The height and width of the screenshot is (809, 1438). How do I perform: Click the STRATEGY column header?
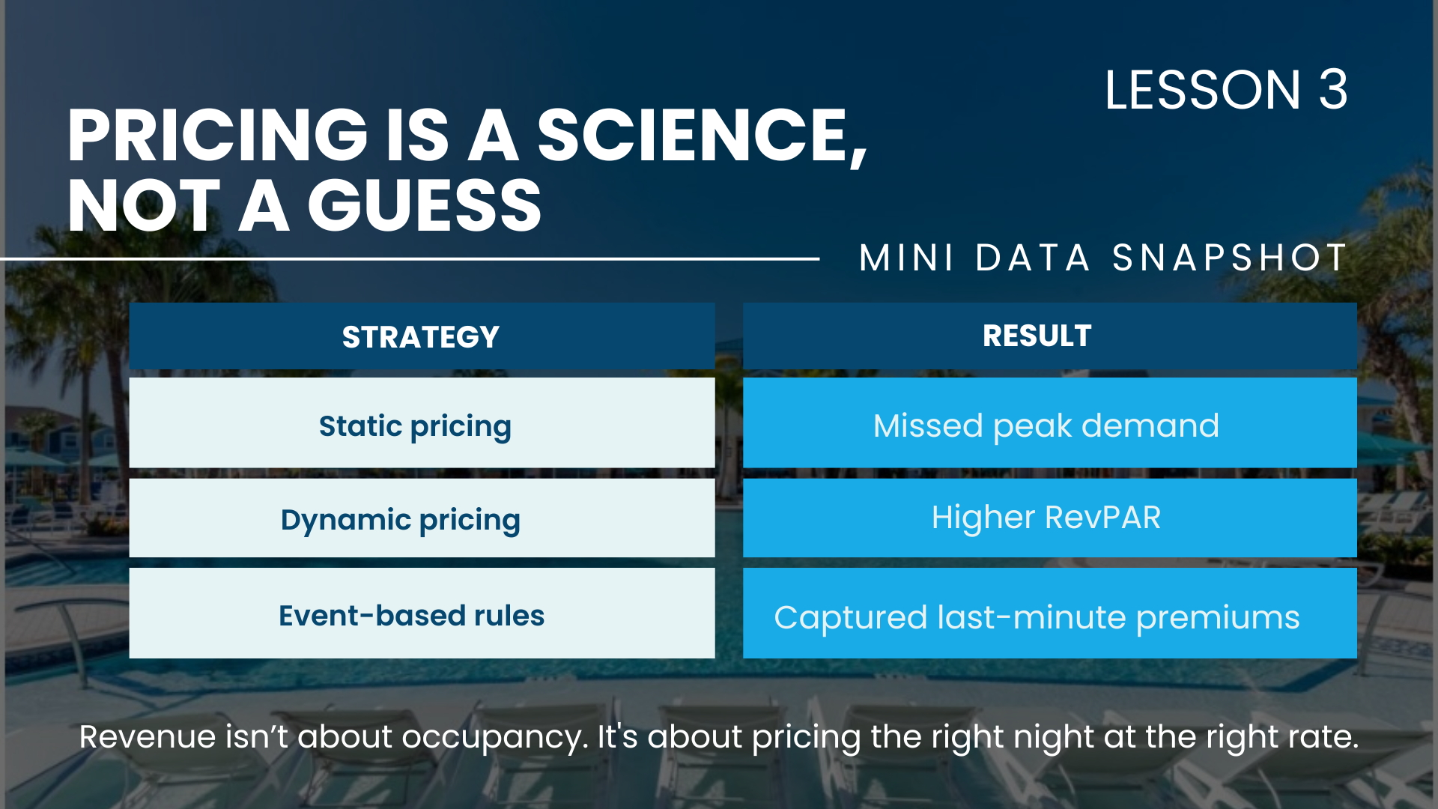pos(421,336)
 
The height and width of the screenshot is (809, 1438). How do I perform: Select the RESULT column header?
pos(1037,336)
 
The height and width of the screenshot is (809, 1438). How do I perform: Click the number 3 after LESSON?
pos(1333,90)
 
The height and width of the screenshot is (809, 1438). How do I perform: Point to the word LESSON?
pos(1203,90)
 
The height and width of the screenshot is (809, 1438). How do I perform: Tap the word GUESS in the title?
pos(424,206)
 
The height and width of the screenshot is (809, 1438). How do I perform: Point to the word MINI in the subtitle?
pos(906,258)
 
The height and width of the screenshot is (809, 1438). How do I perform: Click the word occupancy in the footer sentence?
pos(494,737)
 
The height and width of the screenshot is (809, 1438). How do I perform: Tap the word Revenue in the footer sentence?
pos(148,737)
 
